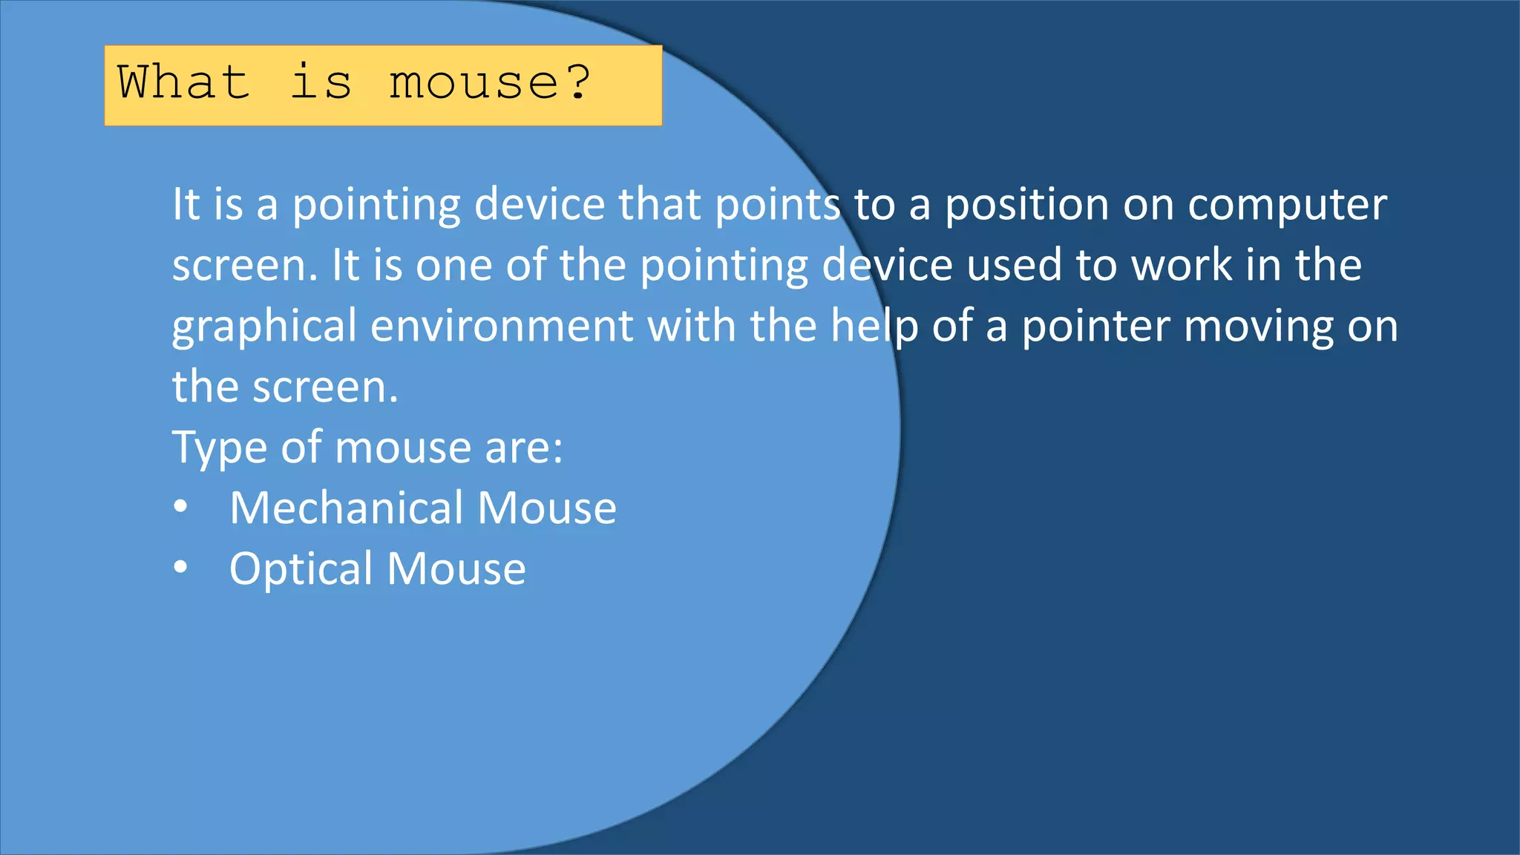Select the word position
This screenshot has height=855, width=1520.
click(1026, 205)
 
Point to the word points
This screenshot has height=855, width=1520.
click(777, 205)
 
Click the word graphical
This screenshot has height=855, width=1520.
click(264, 327)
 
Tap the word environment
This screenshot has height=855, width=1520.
click(502, 326)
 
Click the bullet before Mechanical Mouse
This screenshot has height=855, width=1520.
click(180, 508)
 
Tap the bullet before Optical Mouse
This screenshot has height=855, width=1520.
click(180, 569)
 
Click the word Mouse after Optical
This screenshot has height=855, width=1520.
click(456, 569)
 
